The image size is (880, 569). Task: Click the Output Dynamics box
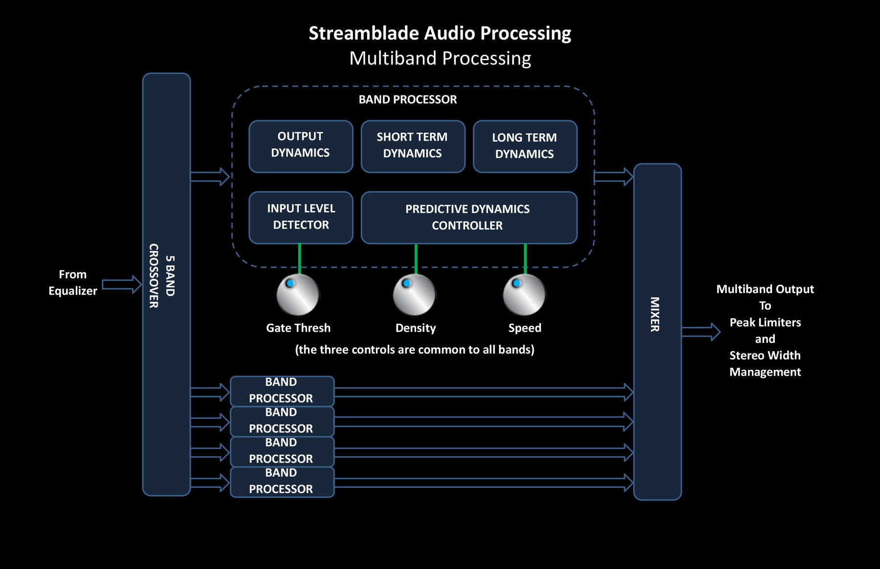(x=301, y=147)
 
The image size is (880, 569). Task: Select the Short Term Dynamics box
(x=413, y=147)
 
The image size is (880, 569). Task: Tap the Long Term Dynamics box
(x=525, y=147)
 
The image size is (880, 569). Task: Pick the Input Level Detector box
(x=301, y=217)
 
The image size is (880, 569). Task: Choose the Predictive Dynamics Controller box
(x=469, y=217)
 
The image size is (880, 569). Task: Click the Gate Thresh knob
(x=298, y=295)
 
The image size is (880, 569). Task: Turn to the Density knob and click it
(x=414, y=295)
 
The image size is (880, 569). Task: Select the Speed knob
(x=524, y=295)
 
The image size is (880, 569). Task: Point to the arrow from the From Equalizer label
(x=122, y=284)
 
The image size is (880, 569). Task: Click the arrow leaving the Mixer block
(x=701, y=332)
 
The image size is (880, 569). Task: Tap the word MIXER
(x=655, y=314)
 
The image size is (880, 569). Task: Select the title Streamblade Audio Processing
(x=440, y=33)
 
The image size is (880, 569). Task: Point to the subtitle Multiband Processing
(x=440, y=58)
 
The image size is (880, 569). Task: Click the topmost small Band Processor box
(x=282, y=391)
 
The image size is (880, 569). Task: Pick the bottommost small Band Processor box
(x=282, y=482)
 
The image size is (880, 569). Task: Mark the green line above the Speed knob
(x=525, y=259)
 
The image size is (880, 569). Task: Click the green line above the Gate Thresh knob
(x=299, y=259)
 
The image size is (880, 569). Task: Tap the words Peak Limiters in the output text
(x=765, y=322)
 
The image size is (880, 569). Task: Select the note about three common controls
(x=415, y=350)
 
